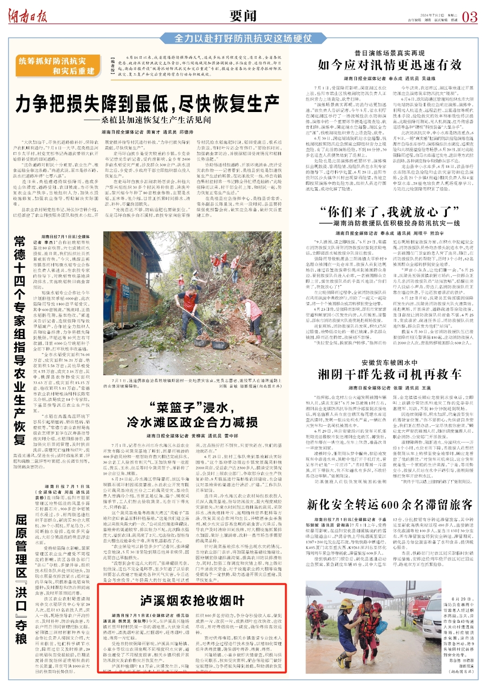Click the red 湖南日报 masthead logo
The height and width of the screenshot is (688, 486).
coord(28,17)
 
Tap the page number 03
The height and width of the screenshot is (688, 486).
coord(469,17)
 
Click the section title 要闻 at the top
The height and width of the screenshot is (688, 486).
coord(243,16)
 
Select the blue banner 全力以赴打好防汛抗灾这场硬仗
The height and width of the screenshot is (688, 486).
coord(243,38)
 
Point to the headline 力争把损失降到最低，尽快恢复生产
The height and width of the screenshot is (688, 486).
coord(147,104)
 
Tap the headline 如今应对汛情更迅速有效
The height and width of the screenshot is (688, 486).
coord(390,65)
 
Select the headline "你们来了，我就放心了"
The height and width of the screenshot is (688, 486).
coord(390,211)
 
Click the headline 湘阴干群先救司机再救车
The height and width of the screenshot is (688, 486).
coord(390,374)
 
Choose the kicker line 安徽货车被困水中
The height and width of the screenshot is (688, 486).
coord(390,362)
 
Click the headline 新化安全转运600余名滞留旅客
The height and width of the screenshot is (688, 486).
coord(390,504)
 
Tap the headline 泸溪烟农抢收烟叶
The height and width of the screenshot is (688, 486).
coord(192,600)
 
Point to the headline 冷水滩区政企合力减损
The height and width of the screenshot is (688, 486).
coord(192,422)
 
